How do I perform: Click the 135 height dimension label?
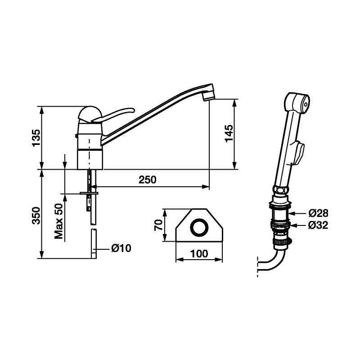click(36, 138)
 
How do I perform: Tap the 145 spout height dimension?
click(229, 133)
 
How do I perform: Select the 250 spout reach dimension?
click(148, 180)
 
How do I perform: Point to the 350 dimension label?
click(36, 216)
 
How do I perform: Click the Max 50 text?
click(59, 221)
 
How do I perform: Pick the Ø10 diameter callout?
click(121, 248)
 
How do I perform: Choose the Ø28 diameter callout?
click(318, 213)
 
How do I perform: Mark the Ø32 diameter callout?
click(318, 225)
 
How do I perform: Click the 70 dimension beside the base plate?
click(159, 225)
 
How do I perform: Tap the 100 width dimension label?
click(199, 254)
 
